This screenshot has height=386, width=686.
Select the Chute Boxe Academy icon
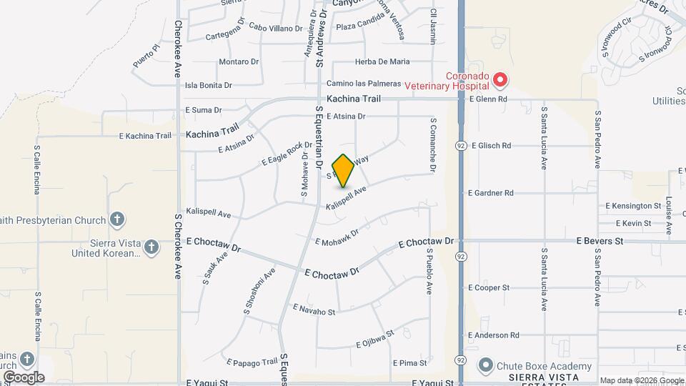[486, 366]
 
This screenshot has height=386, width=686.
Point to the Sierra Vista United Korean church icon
[150, 247]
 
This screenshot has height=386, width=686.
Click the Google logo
[24, 377]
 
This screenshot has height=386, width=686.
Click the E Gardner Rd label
[491, 193]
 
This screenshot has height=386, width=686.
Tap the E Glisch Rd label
[489, 145]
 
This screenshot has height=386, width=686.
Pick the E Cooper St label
[489, 287]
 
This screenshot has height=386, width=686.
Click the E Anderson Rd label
[493, 335]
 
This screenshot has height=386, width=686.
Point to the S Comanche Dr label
[432, 144]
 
